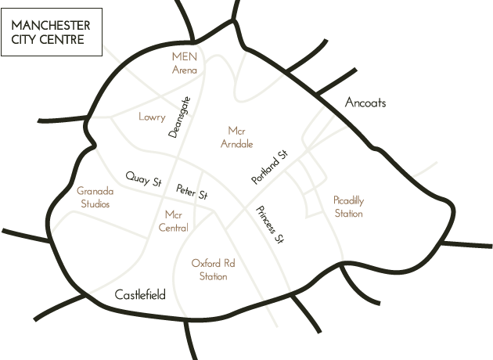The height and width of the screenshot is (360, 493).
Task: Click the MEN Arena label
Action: coord(185,63)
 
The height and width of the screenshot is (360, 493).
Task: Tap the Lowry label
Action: coord(152,117)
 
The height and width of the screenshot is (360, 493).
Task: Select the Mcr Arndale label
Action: coord(237,137)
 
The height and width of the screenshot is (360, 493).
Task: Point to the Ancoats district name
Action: coord(365,103)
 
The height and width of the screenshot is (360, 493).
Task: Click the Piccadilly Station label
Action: coord(348,206)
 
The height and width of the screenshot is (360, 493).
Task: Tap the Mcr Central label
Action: coord(174,220)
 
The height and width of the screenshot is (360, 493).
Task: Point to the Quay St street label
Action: coord(146,180)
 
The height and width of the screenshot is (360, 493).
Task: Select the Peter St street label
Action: coord(191,191)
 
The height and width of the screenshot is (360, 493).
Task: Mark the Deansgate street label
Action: coord(179,117)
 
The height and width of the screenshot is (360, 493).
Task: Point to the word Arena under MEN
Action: coord(185,70)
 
